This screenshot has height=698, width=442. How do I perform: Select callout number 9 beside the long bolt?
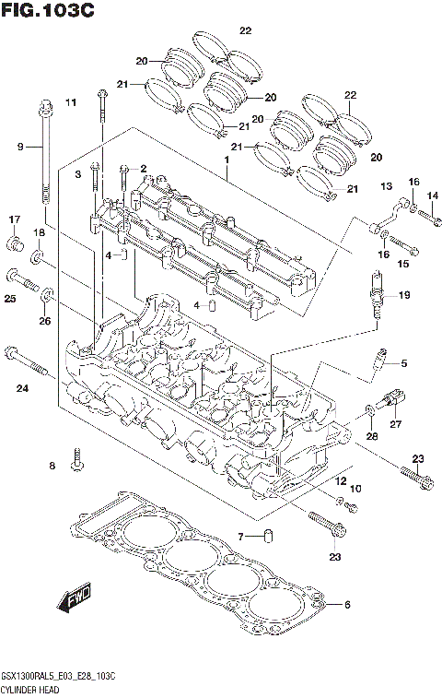[20, 147]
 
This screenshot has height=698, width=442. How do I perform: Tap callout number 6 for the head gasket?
[347, 605]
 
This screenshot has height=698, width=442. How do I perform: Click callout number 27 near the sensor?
[397, 424]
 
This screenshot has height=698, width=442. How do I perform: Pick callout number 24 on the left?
[22, 388]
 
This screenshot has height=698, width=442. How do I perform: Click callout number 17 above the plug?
[15, 219]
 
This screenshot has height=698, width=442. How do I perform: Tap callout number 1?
[224, 160]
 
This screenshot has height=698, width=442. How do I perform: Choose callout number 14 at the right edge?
[432, 196]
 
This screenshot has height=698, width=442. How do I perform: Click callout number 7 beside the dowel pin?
[240, 536]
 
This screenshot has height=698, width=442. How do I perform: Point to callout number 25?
[9, 299]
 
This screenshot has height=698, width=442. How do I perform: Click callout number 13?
[386, 186]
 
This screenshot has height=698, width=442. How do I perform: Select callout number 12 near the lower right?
[340, 480]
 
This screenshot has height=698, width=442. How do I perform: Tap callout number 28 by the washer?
[372, 434]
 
